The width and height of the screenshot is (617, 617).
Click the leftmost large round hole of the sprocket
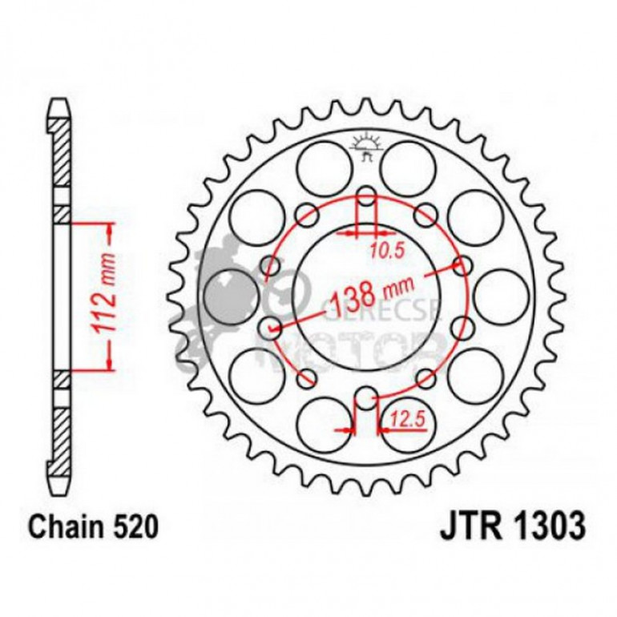(227, 296)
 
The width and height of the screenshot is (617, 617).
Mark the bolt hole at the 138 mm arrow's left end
(272, 326)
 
